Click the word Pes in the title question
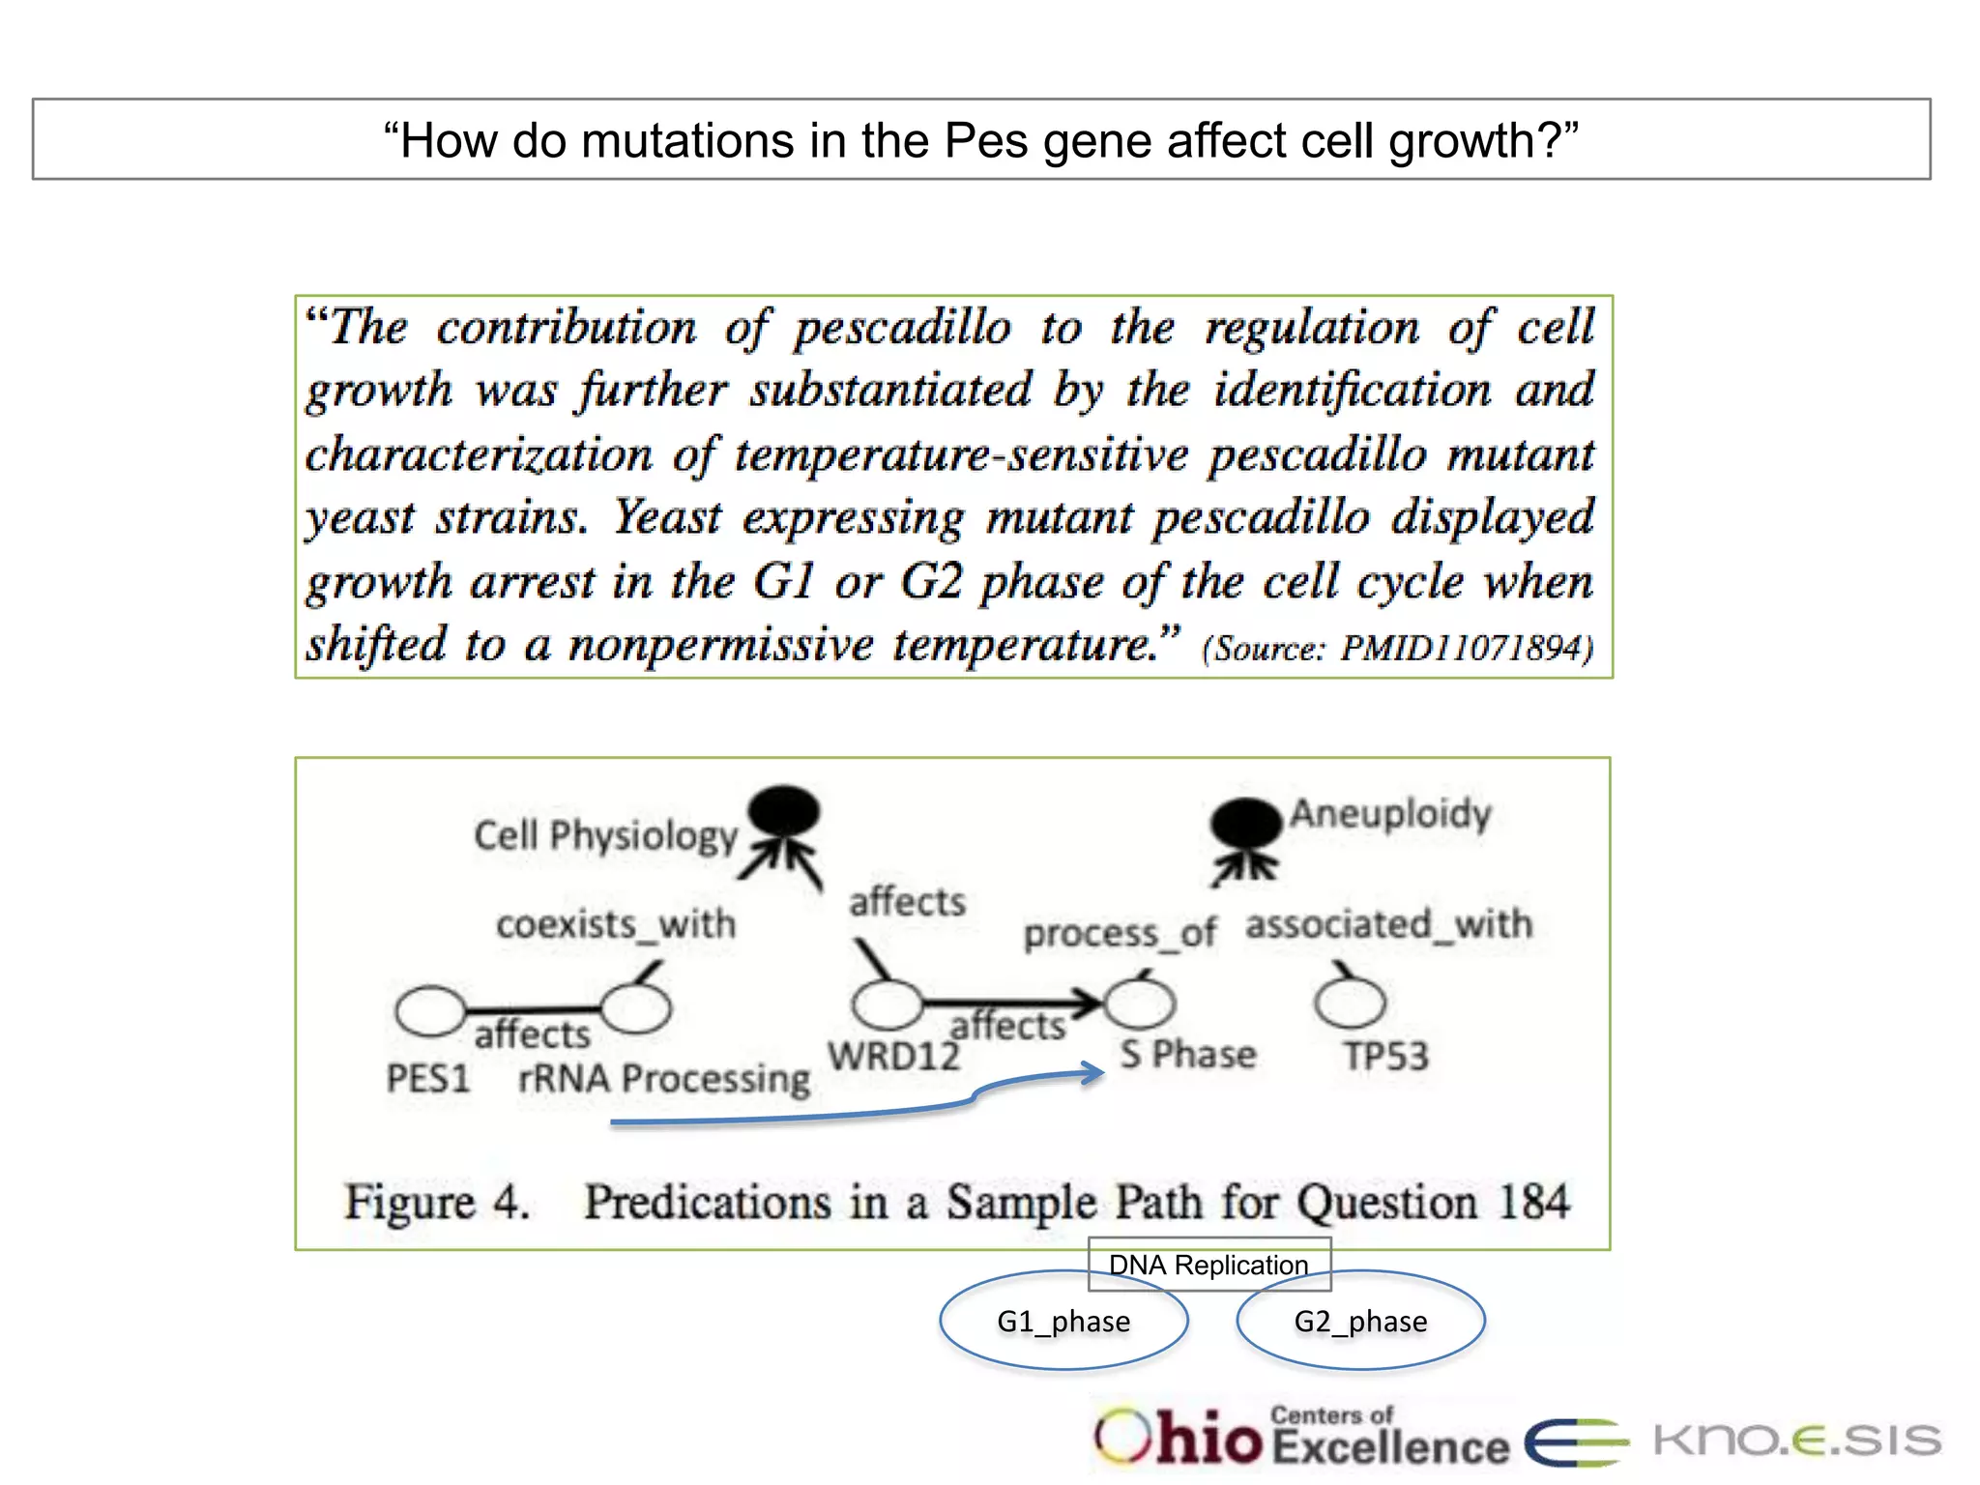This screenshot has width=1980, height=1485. (985, 141)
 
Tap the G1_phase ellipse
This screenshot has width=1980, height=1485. (1063, 1321)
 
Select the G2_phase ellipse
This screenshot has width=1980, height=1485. (1360, 1321)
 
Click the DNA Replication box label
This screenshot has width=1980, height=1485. (1208, 1265)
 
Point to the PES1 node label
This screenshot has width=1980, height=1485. (428, 1078)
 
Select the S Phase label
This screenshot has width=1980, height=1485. (1188, 1054)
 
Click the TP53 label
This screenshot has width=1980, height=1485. (1385, 1056)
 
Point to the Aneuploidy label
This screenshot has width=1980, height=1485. (1391, 814)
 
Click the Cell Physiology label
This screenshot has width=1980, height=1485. (606, 835)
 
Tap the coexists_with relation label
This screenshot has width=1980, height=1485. (616, 925)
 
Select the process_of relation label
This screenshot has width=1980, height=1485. (1121, 934)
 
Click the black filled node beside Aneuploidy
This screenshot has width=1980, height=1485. (1245, 825)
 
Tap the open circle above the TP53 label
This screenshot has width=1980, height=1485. (1350, 1003)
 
